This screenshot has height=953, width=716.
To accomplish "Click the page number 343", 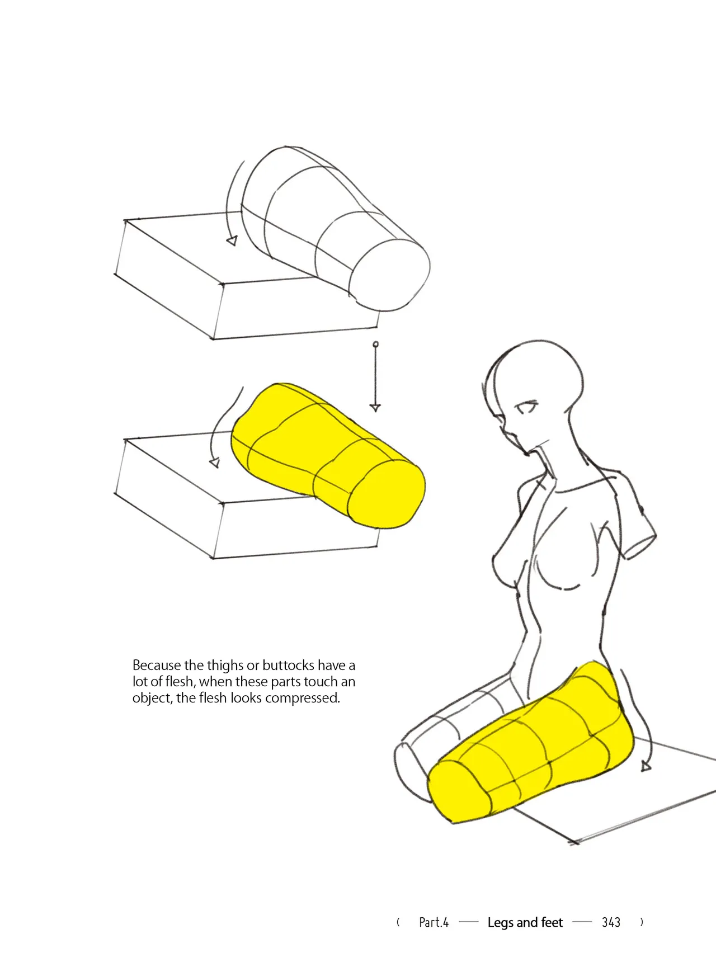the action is tap(611, 922).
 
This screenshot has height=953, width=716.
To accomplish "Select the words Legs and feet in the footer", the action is tap(525, 923).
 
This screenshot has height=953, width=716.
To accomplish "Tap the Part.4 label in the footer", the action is tap(434, 922).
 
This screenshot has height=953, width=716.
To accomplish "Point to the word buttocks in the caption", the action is tap(288, 665).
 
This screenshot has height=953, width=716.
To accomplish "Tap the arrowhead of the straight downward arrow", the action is tap(375, 408).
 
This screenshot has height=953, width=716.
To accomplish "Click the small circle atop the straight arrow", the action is tap(375, 344).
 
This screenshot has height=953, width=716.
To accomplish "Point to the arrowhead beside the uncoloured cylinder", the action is tap(232, 241).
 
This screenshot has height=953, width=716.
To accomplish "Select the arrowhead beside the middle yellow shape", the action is tap(214, 463).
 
